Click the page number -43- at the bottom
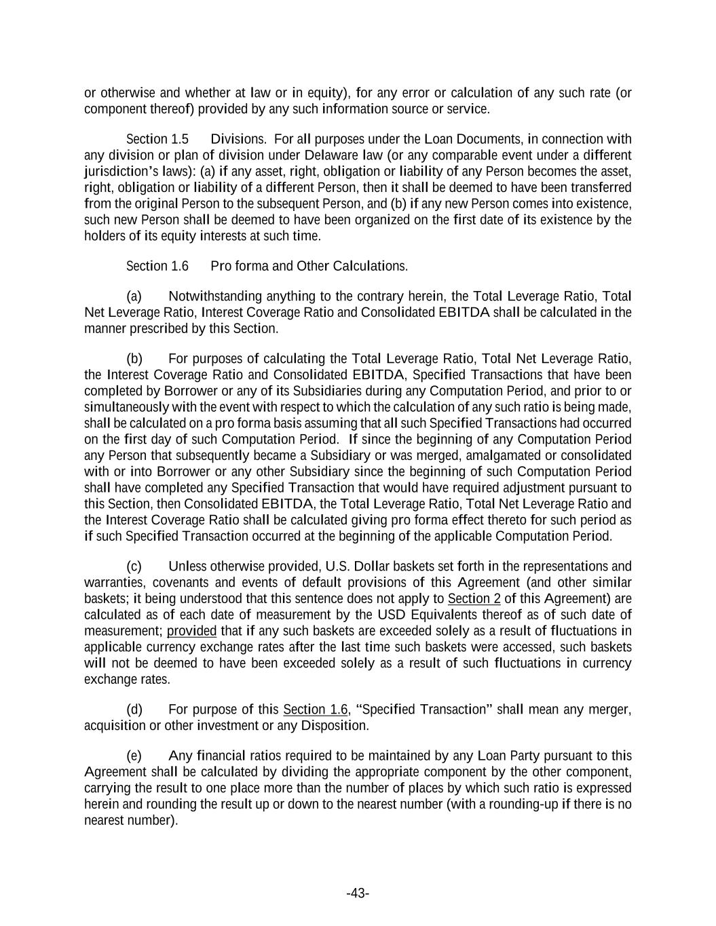click(358, 893)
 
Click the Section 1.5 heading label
click(157, 139)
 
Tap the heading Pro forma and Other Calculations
click(309, 266)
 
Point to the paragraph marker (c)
click(134, 566)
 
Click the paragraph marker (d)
click(134, 710)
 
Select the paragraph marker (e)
click(134, 756)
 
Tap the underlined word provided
click(192, 631)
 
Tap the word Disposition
click(334, 726)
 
